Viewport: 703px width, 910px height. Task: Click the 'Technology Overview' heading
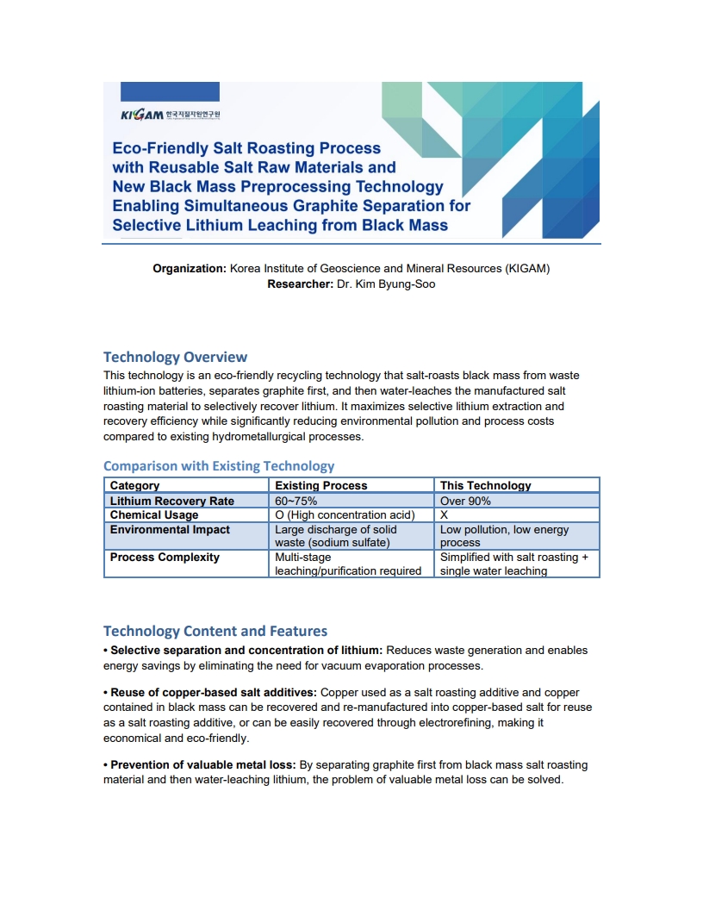175,357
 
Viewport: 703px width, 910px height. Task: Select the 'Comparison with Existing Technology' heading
219,465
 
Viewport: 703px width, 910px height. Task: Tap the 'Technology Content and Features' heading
215,631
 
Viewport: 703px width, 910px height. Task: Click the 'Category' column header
134,485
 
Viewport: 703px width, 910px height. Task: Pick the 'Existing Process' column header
320,485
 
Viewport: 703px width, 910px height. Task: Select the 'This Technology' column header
486,485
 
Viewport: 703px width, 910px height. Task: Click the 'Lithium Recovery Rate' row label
171,501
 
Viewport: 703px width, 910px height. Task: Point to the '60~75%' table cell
296,501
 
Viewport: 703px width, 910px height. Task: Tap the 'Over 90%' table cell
465,501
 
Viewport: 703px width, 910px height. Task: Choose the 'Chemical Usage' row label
154,514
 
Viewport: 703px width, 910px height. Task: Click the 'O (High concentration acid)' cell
345,514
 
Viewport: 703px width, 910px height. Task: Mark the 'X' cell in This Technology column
444,514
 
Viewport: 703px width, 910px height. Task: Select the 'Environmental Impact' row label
170,529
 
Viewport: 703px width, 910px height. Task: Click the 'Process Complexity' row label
165,557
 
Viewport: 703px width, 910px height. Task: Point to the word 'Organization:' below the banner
190,268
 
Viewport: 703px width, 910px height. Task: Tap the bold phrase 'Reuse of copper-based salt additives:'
210,692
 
